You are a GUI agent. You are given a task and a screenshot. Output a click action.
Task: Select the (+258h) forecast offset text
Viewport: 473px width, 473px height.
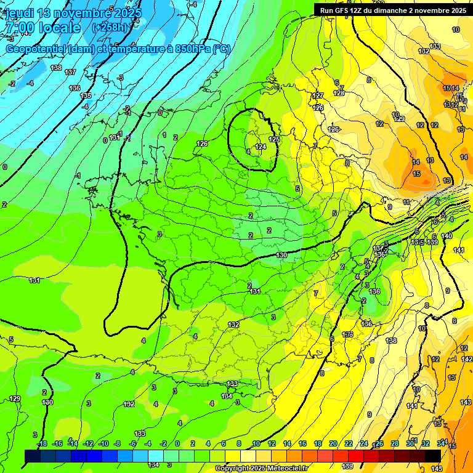point(110,28)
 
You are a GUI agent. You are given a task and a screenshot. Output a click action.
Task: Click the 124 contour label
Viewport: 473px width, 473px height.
point(261,147)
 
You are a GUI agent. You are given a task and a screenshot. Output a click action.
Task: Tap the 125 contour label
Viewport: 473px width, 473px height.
point(274,140)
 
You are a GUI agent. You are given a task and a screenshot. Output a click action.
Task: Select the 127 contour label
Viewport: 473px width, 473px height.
point(318,95)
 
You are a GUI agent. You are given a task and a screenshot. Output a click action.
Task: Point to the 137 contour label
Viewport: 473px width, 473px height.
point(70,72)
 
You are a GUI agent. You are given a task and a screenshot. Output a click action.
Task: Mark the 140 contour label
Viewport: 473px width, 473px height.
point(447,236)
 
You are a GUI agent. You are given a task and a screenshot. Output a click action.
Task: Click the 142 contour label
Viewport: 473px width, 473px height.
point(467,359)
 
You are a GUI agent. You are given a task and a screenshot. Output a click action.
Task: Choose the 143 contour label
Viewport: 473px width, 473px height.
point(466,402)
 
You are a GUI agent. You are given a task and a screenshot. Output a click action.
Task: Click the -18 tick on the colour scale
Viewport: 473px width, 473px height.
point(42,443)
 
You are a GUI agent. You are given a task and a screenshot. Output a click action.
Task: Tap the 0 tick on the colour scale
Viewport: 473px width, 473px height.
point(177,443)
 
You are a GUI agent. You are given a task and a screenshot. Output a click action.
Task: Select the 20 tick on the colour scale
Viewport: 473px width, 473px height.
point(333,443)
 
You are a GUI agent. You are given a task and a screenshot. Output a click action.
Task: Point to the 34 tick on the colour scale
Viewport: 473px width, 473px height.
point(441,443)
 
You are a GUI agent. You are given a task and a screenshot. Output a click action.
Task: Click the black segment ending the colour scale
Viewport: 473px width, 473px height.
point(432,455)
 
